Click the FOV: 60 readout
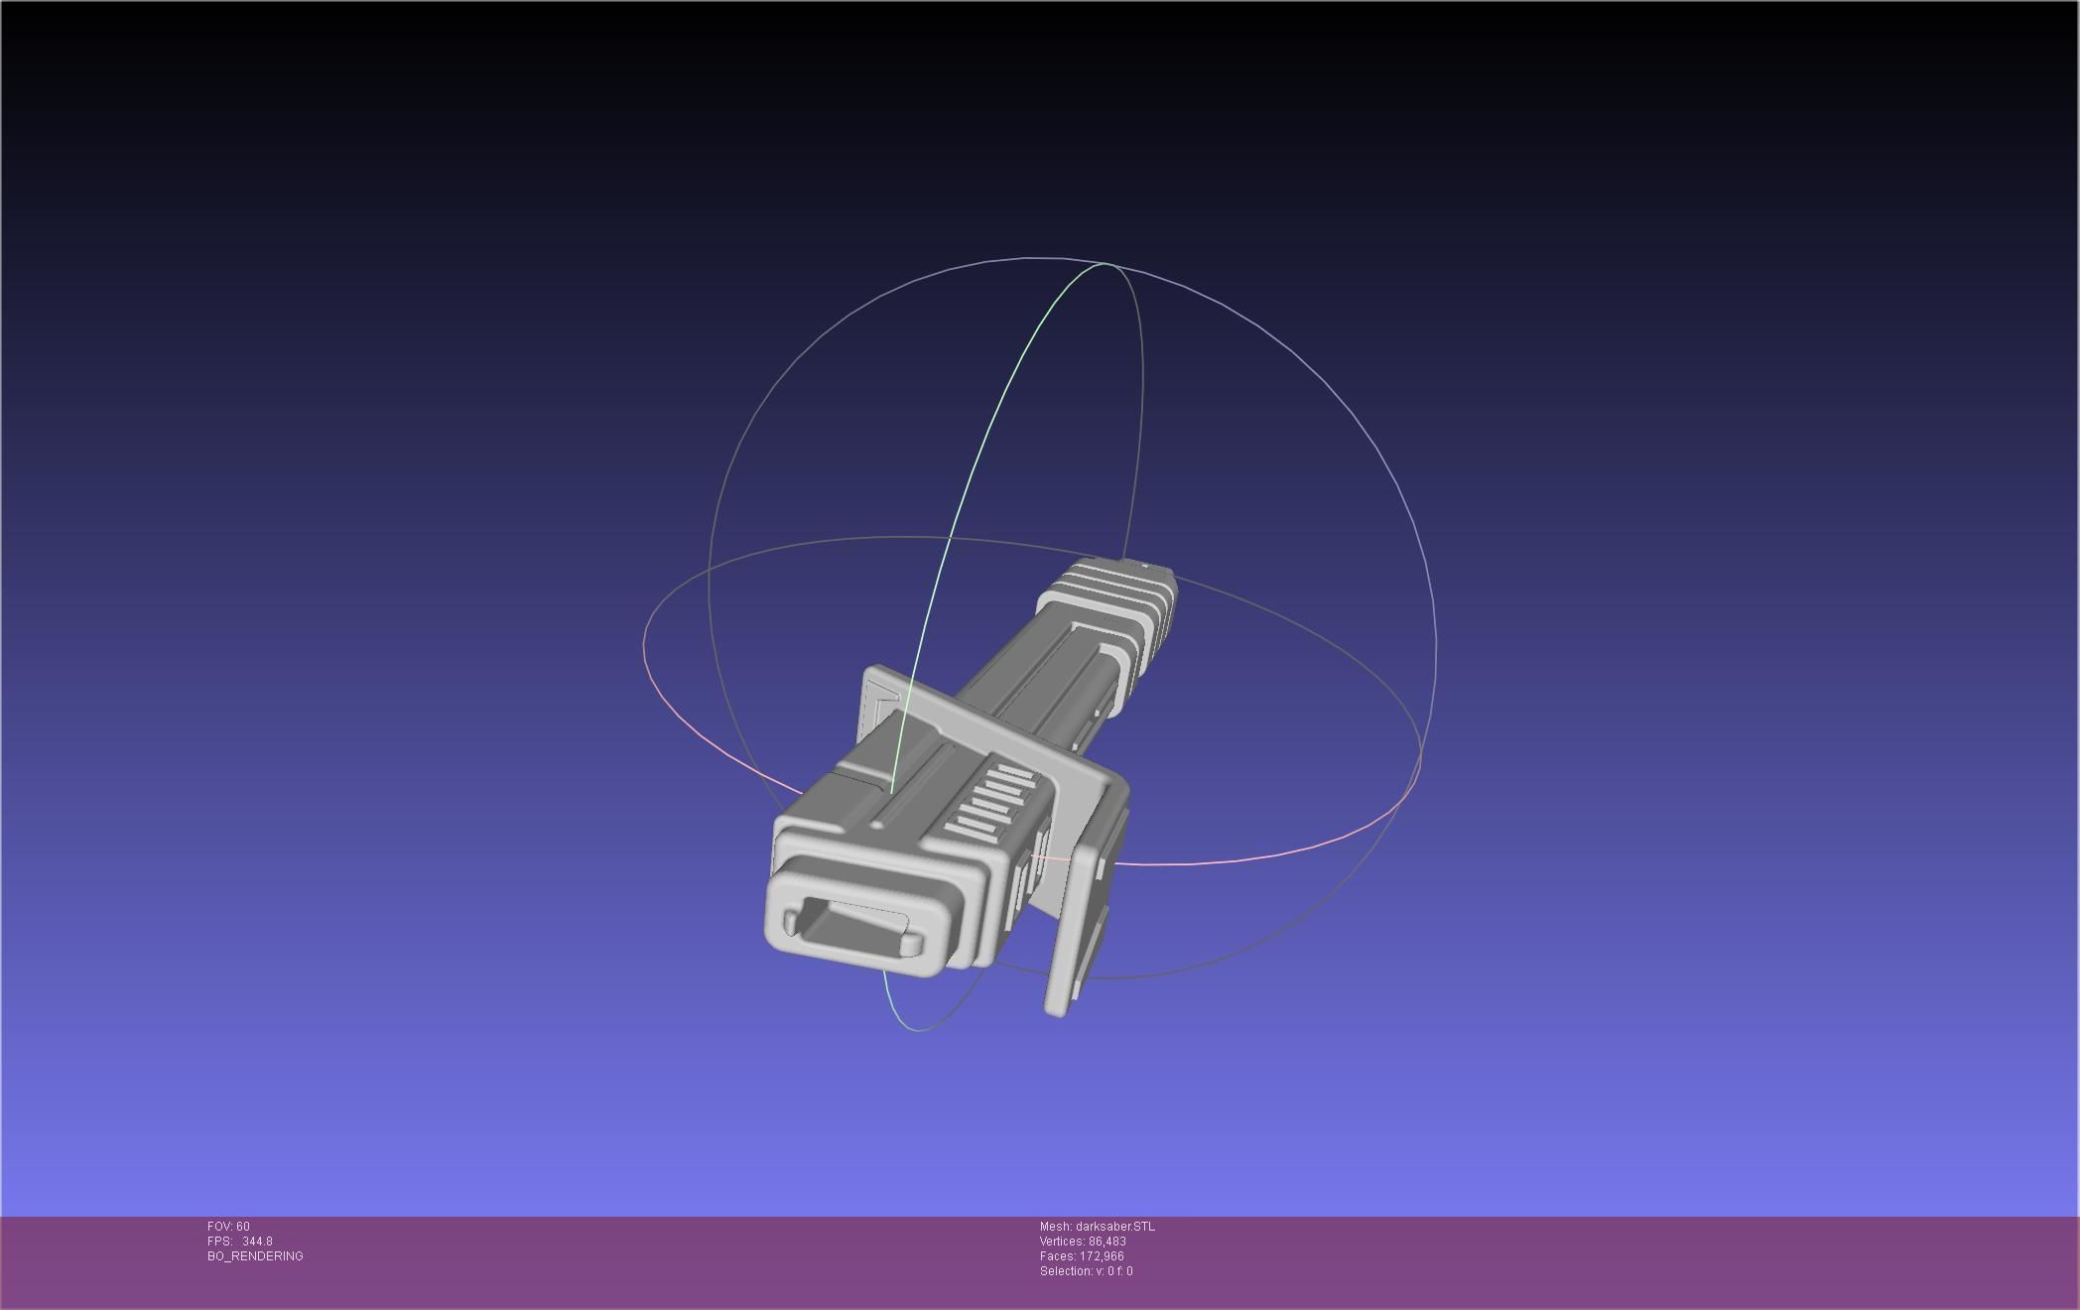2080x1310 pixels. click(x=228, y=1227)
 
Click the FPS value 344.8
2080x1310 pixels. click(x=256, y=1242)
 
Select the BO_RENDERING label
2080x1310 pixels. click(x=255, y=1256)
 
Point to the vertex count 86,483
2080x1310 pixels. click(x=1106, y=1242)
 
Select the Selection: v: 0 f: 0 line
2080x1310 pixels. click(x=1086, y=1271)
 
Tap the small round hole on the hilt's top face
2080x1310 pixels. click(x=879, y=824)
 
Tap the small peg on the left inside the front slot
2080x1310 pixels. click(x=791, y=923)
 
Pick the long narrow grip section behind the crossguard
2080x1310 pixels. click(x=1042, y=685)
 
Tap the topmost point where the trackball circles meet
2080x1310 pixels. click(x=1107, y=264)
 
